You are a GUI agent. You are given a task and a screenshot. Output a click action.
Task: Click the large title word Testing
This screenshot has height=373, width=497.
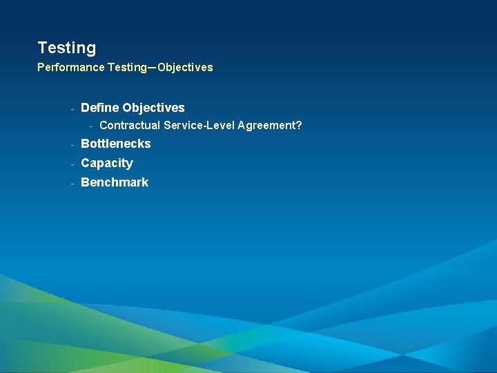67,48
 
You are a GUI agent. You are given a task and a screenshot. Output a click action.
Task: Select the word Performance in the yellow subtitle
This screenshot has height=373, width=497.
71,68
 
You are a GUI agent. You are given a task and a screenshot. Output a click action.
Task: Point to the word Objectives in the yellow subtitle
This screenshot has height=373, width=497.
185,68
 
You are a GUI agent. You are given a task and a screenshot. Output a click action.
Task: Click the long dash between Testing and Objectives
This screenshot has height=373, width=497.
152,68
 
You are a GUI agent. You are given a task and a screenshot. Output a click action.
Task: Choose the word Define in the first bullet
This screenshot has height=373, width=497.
100,108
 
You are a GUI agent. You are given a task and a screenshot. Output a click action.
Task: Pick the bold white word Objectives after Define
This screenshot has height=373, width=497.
153,108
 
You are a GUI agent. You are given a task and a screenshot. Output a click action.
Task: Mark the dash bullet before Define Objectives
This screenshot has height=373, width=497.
72,108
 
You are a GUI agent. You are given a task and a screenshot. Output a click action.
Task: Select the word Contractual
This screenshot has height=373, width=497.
130,126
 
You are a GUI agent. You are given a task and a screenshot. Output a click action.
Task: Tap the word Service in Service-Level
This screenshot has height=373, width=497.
182,126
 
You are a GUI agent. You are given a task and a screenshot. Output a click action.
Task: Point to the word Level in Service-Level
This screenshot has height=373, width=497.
220,126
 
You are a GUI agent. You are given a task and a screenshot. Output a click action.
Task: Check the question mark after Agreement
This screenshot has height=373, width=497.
299,126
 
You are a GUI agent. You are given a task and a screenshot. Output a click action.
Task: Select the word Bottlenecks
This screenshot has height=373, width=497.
115,144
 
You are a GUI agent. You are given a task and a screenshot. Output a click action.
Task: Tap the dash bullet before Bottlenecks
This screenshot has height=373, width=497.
72,144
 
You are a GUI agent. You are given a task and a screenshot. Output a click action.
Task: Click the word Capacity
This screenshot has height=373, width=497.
106,163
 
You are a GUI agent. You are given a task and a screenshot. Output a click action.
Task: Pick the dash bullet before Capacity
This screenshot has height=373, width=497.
72,164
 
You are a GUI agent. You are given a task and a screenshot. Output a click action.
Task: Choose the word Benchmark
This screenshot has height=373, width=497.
115,182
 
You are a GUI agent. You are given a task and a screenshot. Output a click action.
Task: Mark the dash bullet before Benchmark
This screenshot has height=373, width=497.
72,183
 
